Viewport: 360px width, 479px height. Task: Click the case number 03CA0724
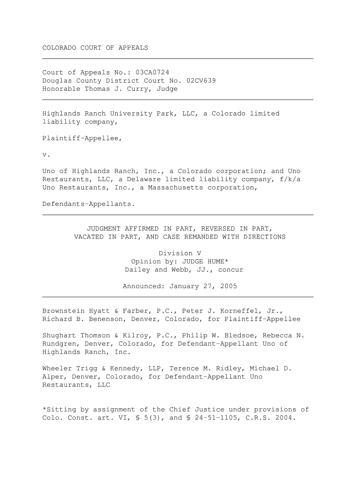click(x=152, y=73)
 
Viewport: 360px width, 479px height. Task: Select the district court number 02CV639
click(x=201, y=81)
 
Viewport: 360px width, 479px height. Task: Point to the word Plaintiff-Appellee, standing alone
click(x=82, y=138)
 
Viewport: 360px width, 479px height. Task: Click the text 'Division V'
click(x=180, y=254)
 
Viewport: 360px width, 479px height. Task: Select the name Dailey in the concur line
click(x=137, y=270)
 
